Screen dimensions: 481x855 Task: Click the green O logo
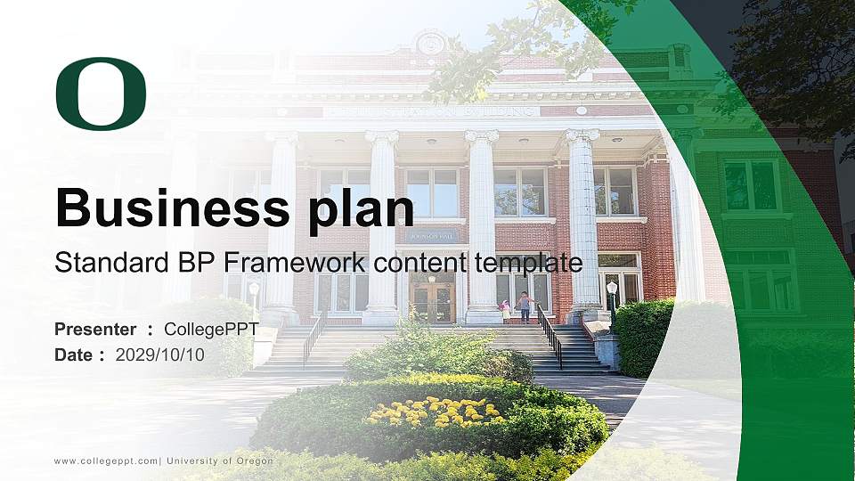click(x=101, y=94)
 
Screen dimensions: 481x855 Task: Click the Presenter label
click(x=95, y=330)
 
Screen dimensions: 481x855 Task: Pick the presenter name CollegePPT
click(x=211, y=330)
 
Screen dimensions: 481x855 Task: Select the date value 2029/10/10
click(x=160, y=355)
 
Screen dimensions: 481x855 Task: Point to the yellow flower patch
click(x=434, y=412)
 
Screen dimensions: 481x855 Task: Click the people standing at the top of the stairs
click(x=517, y=307)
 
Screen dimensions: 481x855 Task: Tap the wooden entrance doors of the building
click(x=432, y=302)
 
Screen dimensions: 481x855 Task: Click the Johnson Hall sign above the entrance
click(x=432, y=237)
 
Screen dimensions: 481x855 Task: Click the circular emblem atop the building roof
click(x=431, y=42)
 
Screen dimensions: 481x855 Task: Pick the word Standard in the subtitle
click(x=99, y=263)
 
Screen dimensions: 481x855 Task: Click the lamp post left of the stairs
click(x=254, y=298)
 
